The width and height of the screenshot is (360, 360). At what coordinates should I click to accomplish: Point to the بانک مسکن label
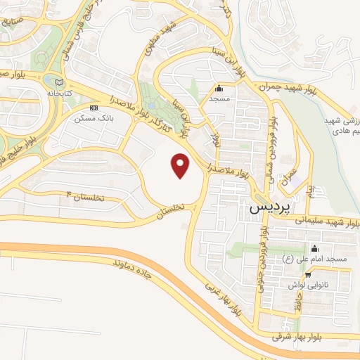click(x=97, y=118)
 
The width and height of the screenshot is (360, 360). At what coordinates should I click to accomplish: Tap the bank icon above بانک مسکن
click(x=94, y=108)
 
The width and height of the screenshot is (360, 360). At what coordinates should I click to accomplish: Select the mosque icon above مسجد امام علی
click(x=314, y=248)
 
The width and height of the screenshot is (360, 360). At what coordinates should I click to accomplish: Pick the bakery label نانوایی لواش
click(x=304, y=285)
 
